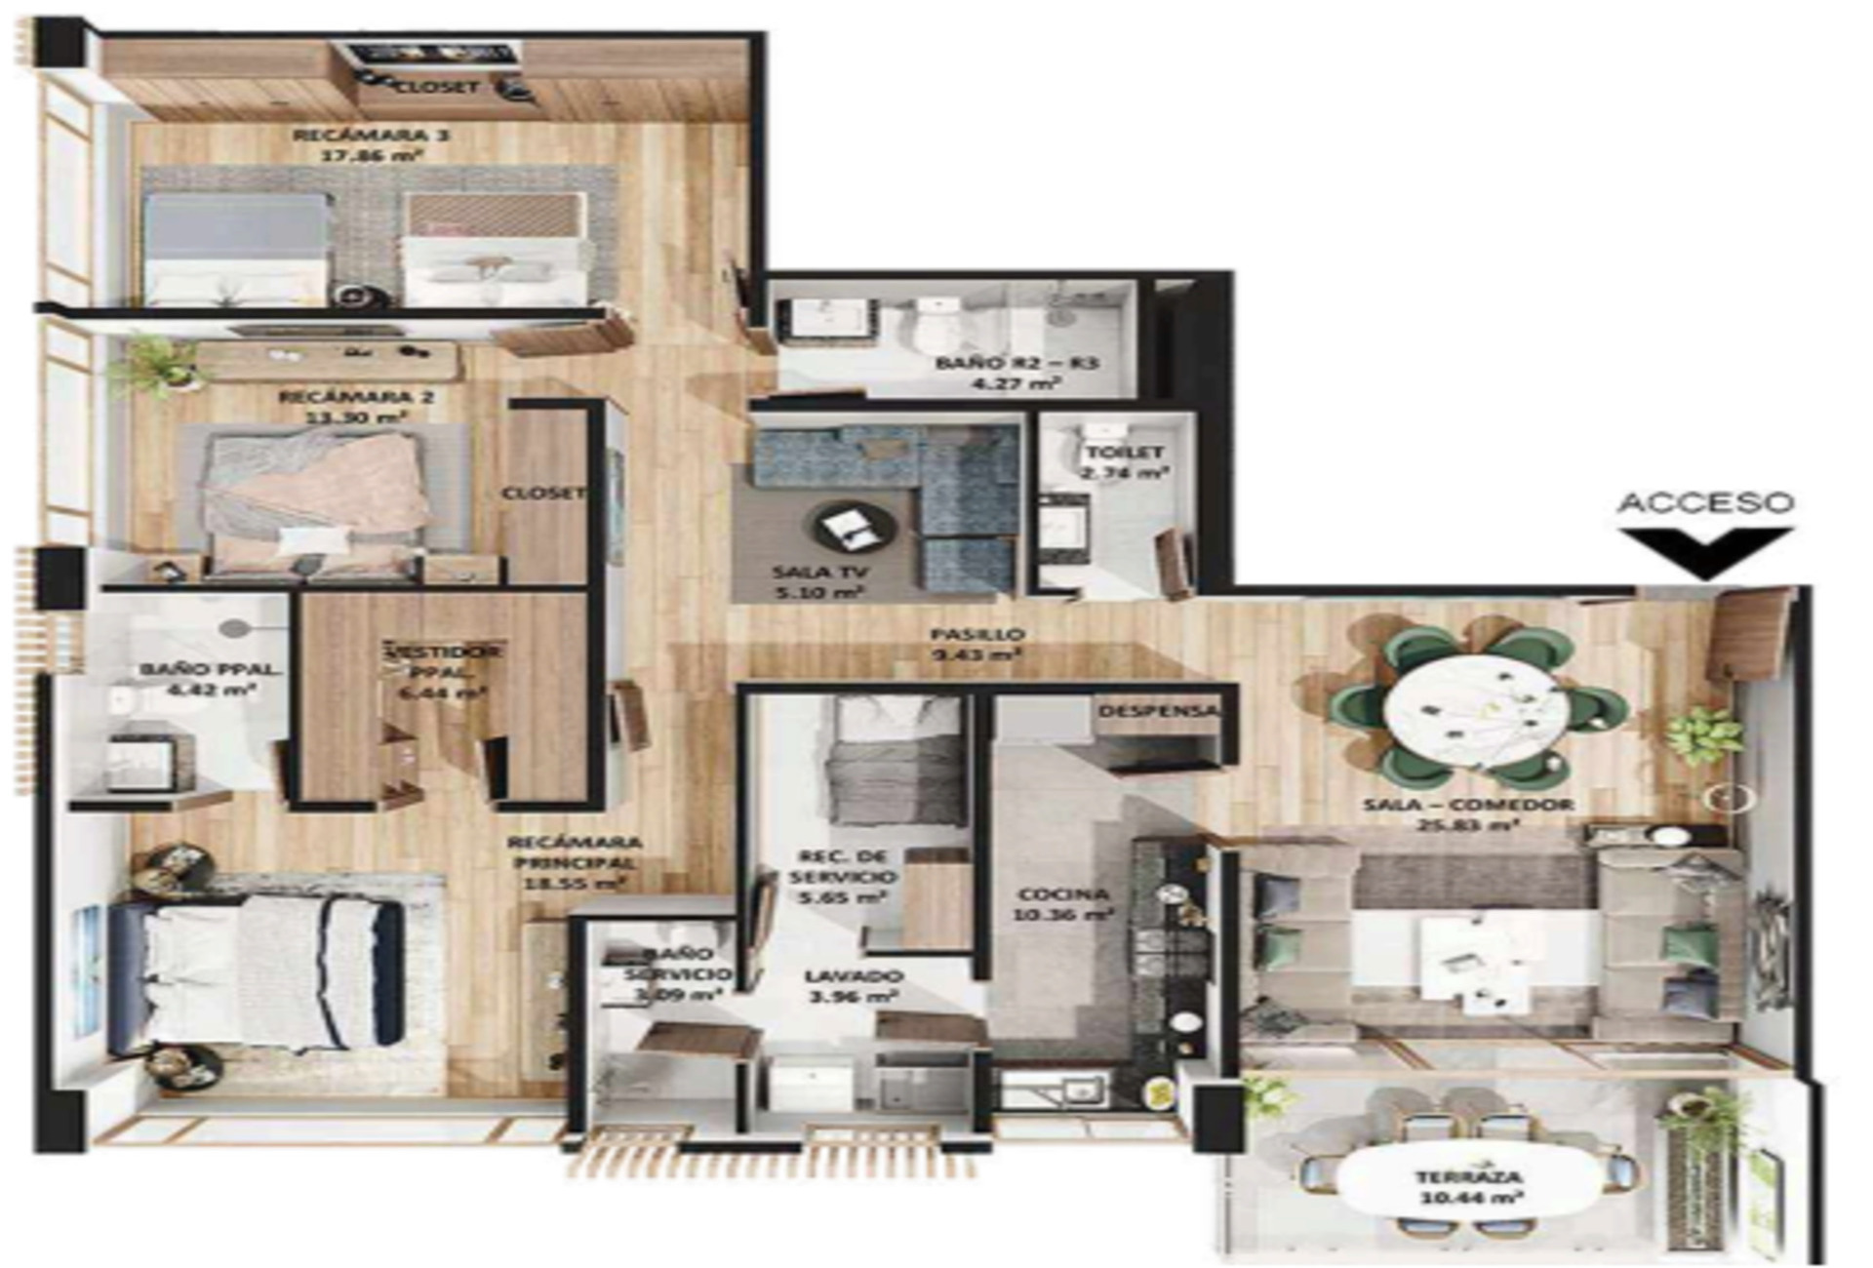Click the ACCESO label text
coord(1705,502)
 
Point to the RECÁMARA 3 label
coord(371,135)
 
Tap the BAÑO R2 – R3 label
coord(1016,363)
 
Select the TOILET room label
coord(1125,453)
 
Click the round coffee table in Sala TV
coord(855,527)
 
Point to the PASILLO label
coord(976,634)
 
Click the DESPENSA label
coord(1158,711)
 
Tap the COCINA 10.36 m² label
coord(1063,904)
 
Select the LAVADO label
coord(853,976)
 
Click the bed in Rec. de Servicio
coord(892,756)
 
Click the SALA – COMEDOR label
coord(1468,805)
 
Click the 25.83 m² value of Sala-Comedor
coord(1468,825)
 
